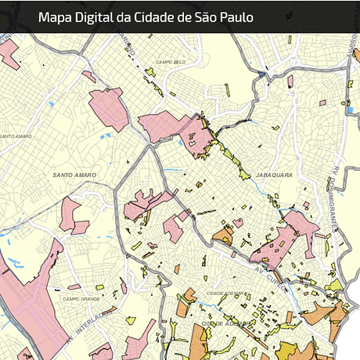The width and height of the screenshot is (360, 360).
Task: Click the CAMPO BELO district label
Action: coord(170,62)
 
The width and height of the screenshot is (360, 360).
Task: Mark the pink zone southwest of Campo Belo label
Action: coord(109,108)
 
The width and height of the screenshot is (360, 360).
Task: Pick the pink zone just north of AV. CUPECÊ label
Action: coord(286,235)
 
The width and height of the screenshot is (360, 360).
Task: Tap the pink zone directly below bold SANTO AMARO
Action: coord(70,214)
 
